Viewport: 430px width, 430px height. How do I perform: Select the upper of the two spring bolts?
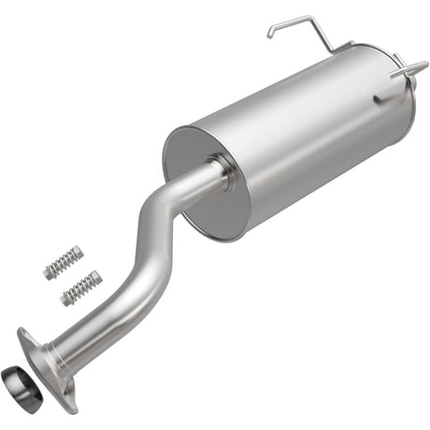tap(64, 264)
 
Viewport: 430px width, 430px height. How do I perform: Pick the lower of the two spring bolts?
tap(80, 288)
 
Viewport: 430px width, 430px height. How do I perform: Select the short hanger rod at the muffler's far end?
tap(408, 69)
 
